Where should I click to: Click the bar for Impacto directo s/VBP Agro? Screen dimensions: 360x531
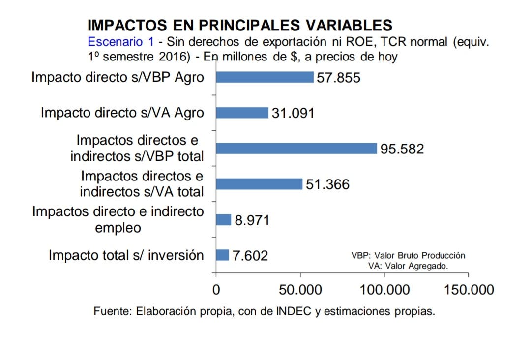265,77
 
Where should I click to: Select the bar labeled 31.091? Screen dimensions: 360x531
242,113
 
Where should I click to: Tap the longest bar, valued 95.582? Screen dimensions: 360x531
296,149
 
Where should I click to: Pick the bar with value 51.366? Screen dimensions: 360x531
259,184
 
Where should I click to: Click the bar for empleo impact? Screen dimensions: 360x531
224,220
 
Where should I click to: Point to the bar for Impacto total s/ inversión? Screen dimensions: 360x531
223,255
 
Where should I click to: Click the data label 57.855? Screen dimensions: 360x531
339,78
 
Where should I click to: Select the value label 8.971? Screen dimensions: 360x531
252,220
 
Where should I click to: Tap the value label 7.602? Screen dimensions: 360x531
250,256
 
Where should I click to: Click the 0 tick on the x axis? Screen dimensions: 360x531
216,290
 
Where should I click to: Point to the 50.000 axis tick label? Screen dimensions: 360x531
300,290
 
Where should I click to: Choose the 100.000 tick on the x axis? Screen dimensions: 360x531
384,290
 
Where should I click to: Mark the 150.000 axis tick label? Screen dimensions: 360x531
469,290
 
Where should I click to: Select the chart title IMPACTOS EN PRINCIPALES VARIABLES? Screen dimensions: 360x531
239,25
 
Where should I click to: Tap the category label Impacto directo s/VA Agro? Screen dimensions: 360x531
122,113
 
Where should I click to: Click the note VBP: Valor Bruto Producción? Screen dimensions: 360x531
408,256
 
